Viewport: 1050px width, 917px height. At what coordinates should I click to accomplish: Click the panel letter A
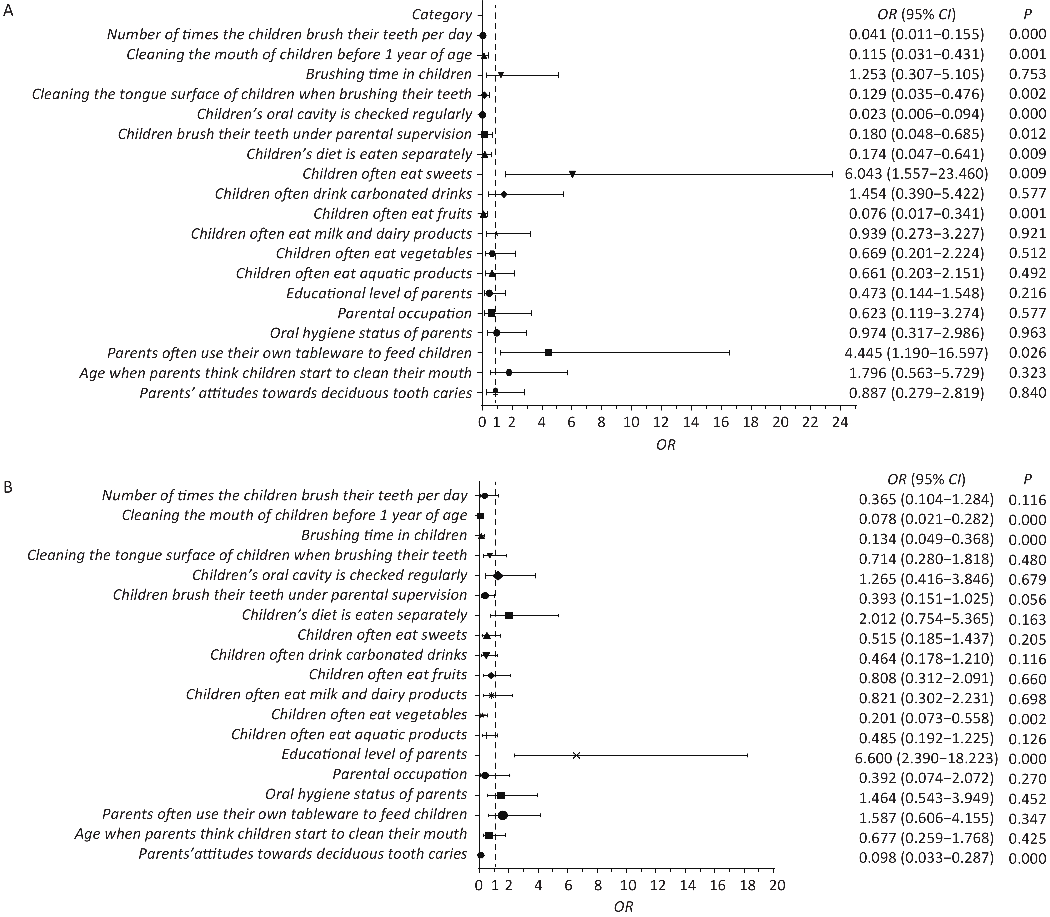[9, 11]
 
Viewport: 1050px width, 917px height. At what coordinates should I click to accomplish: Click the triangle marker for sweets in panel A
[572, 174]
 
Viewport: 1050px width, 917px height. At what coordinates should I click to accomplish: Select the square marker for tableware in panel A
[548, 352]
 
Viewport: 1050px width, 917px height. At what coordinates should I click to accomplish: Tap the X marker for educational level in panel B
[576, 755]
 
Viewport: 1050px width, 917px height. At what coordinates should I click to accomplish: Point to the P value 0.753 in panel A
[1027, 74]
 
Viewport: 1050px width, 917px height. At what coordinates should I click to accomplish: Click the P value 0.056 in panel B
[1027, 599]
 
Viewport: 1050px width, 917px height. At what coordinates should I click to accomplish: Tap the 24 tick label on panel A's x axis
[841, 423]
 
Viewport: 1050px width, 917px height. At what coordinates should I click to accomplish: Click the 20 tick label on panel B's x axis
[777, 885]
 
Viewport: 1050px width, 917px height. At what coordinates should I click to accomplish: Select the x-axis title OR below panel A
[666, 445]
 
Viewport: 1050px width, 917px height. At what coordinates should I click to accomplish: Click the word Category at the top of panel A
[442, 15]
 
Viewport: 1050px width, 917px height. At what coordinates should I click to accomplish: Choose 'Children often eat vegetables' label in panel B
[369, 714]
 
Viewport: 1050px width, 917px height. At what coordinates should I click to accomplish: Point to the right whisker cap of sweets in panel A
[832, 174]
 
